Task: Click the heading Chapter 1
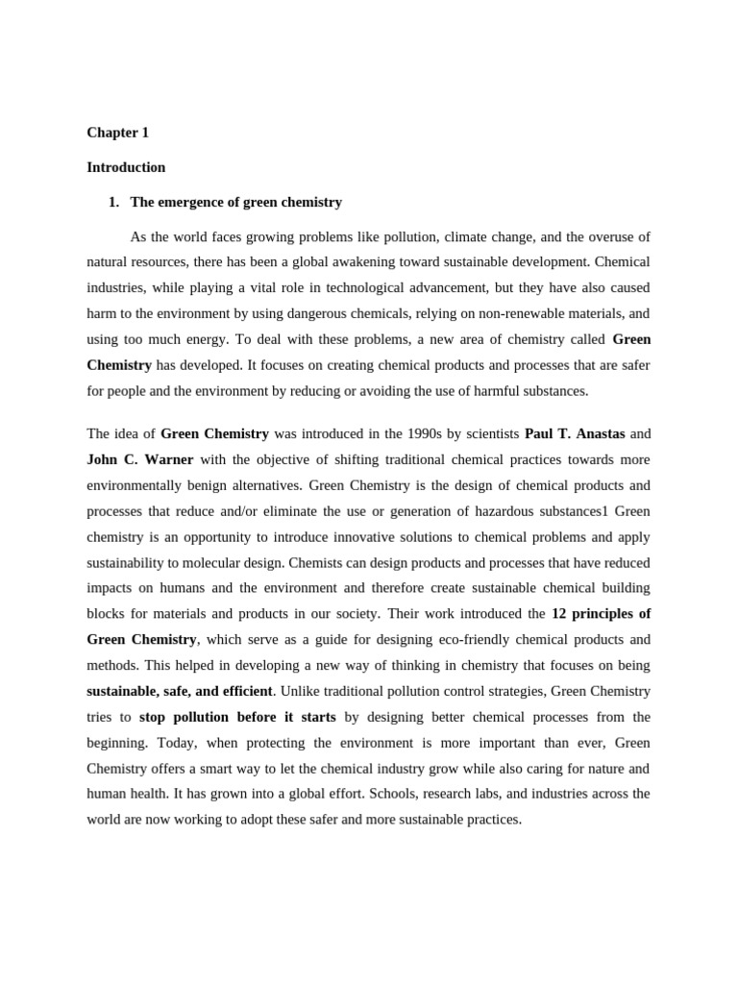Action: [117, 133]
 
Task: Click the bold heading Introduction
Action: [126, 167]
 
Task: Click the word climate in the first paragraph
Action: [467, 236]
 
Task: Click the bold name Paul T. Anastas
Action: [575, 433]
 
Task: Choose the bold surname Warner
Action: [169, 459]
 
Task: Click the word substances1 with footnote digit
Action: [565, 511]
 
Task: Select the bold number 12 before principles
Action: [559, 613]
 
